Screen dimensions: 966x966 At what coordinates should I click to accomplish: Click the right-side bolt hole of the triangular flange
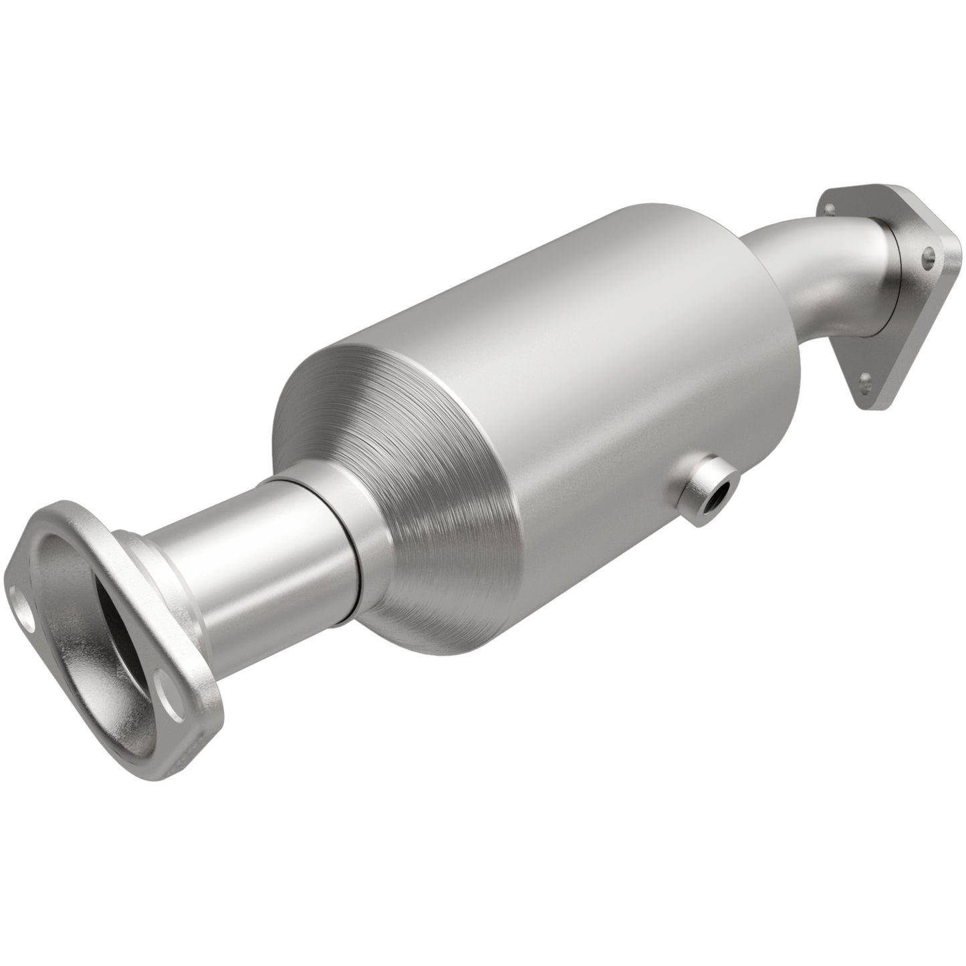tap(927, 254)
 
